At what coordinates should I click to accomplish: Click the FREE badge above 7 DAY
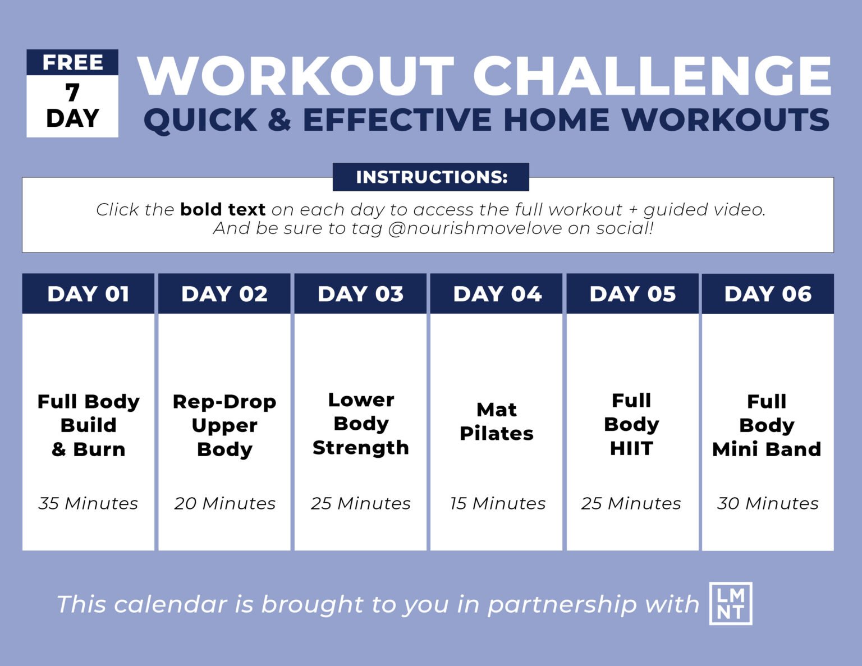[x=72, y=62]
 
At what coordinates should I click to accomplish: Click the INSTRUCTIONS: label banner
[x=431, y=177]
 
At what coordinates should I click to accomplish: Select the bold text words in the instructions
[x=222, y=210]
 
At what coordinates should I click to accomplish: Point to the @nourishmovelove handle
[x=475, y=228]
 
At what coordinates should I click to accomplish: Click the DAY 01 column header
[x=88, y=294]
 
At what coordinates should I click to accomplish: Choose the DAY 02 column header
[x=224, y=294]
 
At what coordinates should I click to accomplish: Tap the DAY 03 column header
[x=360, y=294]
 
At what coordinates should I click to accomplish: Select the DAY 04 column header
[x=497, y=294]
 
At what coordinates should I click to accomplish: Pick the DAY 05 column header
[x=632, y=294]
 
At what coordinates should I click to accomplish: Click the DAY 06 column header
[x=768, y=294]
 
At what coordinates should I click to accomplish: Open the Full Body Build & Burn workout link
[x=88, y=425]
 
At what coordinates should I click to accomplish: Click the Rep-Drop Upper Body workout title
[x=224, y=425]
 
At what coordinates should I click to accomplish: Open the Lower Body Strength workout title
[x=360, y=424]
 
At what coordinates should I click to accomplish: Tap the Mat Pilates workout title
[x=497, y=421]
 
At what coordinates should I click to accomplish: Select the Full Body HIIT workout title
[x=631, y=424]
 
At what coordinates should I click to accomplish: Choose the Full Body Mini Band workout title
[x=767, y=425]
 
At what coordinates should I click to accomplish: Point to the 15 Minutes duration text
[x=497, y=503]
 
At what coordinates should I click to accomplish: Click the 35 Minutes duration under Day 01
[x=88, y=503]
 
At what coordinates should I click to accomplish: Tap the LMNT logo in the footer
[x=731, y=604]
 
